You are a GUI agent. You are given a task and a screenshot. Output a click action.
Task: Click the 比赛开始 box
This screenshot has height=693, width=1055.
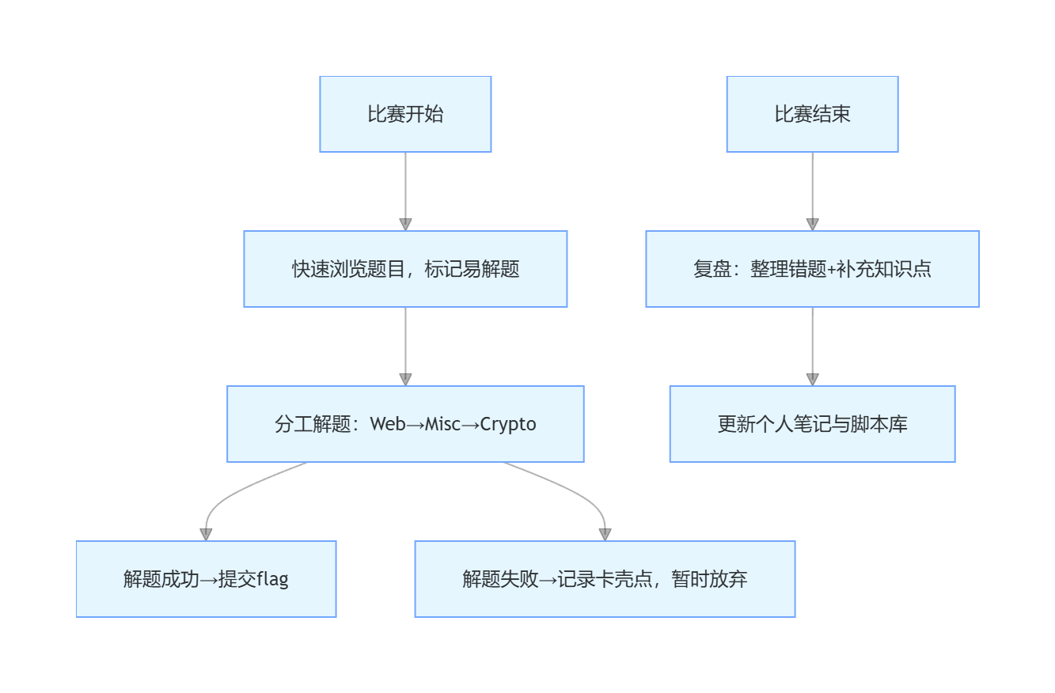(x=405, y=114)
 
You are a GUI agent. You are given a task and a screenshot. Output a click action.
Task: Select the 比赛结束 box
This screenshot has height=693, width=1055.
(x=812, y=114)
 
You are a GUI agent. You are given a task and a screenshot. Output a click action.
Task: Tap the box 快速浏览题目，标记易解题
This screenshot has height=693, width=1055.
(x=405, y=269)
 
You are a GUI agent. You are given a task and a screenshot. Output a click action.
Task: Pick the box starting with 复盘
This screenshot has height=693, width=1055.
(x=812, y=269)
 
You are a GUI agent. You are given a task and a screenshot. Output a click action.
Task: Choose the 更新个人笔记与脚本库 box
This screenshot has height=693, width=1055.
(x=812, y=424)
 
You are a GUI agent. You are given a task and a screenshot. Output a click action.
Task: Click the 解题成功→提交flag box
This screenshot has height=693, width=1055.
(x=206, y=579)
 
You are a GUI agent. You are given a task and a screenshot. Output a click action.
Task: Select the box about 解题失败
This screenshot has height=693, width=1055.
(x=605, y=579)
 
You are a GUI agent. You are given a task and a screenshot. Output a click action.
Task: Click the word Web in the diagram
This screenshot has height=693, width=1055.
(x=388, y=424)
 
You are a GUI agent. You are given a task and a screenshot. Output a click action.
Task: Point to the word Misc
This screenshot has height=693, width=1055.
(x=442, y=424)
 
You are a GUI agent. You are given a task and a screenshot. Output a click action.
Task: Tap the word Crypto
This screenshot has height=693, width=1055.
(x=508, y=424)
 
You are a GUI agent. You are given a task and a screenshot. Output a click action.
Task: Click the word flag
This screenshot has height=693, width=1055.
(x=273, y=579)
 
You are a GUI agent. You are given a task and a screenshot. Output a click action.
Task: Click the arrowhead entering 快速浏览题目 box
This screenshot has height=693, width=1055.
(x=405, y=225)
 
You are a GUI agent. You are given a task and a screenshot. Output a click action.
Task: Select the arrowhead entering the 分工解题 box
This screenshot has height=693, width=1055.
(x=405, y=380)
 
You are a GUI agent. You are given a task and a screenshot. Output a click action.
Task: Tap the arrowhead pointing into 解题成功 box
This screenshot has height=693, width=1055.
(x=206, y=535)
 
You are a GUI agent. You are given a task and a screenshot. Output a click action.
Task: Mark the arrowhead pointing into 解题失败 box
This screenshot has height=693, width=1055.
(x=605, y=535)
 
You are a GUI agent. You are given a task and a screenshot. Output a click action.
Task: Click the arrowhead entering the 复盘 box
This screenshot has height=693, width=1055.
(x=812, y=225)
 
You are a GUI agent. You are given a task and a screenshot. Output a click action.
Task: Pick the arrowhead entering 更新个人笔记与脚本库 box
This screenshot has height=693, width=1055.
(x=812, y=380)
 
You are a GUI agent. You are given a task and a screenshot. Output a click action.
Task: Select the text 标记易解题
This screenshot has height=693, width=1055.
(x=472, y=269)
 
